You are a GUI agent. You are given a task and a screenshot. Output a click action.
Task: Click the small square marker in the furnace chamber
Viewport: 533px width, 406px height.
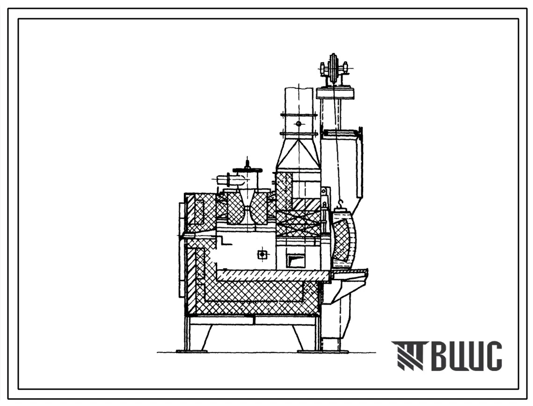click(262, 254)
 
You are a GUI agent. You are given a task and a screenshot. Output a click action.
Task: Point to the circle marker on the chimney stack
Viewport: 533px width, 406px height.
click(299, 124)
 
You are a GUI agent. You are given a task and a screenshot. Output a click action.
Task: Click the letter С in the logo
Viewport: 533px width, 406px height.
click(492, 356)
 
